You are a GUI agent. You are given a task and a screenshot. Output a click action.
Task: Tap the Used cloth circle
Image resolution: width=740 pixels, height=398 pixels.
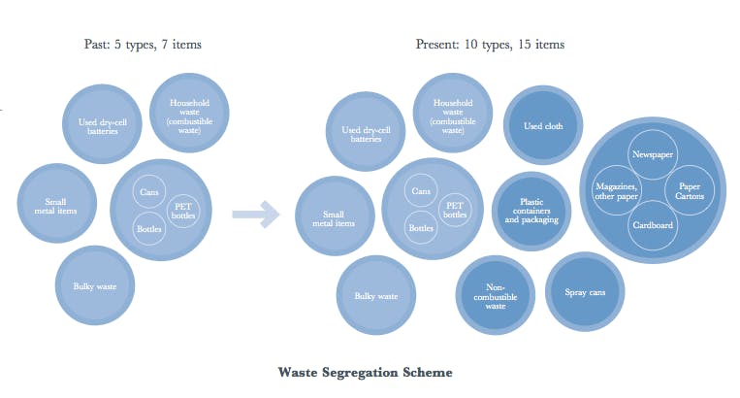[x=537, y=125]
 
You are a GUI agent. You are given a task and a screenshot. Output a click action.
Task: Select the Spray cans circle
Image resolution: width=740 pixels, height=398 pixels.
[x=584, y=291]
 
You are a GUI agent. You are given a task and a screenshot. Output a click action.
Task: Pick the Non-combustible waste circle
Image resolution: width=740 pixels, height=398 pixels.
[x=495, y=296]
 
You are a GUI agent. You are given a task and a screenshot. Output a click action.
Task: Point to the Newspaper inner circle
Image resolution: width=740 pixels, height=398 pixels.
[x=651, y=155]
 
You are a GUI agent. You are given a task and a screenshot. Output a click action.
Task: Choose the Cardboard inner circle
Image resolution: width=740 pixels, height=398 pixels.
[x=651, y=226]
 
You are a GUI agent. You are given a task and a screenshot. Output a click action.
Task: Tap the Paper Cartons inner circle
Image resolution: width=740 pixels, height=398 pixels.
[x=690, y=190]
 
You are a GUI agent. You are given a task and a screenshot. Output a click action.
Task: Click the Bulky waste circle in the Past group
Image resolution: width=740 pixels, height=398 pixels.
[x=94, y=286]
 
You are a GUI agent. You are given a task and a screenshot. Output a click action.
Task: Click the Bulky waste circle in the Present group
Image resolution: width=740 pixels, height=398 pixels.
[x=375, y=295]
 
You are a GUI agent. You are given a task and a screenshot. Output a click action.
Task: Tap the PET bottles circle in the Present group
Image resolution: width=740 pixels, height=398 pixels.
[x=452, y=209]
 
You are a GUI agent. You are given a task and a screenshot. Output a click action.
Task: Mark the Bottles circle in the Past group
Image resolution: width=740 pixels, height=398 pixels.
[x=149, y=227]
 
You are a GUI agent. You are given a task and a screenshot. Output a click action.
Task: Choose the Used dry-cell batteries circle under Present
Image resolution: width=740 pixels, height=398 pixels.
[x=366, y=134]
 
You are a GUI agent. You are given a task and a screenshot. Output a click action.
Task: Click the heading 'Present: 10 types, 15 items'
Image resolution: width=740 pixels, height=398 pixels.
[x=490, y=45]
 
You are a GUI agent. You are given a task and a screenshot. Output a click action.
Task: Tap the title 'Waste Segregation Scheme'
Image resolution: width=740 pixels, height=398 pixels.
[x=365, y=372]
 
